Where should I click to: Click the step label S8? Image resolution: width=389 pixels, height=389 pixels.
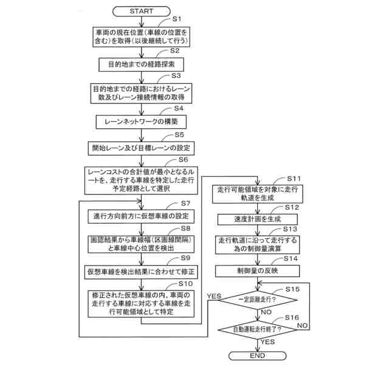185,228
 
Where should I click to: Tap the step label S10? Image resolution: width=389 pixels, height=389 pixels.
185,283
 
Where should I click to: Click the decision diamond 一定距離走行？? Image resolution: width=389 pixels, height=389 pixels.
257,300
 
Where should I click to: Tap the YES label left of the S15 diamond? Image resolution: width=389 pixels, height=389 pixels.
213,296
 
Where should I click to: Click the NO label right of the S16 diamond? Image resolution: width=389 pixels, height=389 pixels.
303,326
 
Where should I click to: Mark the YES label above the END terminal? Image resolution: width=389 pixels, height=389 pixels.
267,342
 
